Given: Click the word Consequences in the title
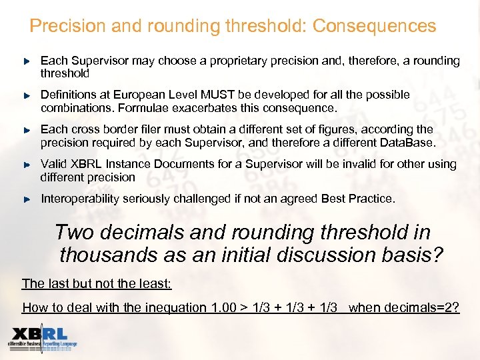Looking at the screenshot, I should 374,26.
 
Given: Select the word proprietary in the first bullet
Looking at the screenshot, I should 239,61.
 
